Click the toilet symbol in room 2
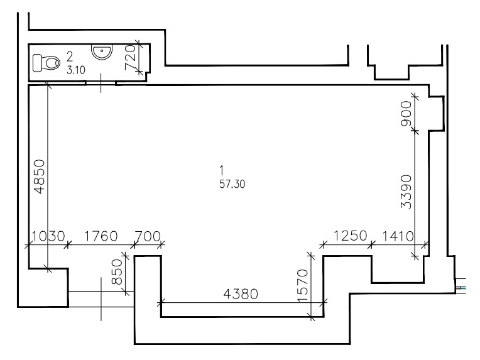pyautogui.click(x=46, y=63)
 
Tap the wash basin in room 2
pyautogui.click(x=102, y=52)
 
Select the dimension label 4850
pyautogui.click(x=40, y=177)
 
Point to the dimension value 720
pyautogui.click(x=130, y=57)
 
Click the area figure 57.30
pyautogui.click(x=232, y=184)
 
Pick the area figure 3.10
pyautogui.click(x=76, y=70)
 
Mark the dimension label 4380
pyautogui.click(x=241, y=294)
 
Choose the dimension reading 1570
pyautogui.click(x=303, y=286)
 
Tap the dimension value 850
pyautogui.click(x=117, y=272)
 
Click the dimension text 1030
pyautogui.click(x=48, y=236)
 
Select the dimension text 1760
pyautogui.click(x=101, y=236)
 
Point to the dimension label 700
pyautogui.click(x=148, y=236)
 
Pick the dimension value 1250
pyautogui.click(x=350, y=236)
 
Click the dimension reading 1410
pyautogui.click(x=398, y=236)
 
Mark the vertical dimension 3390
pyautogui.click(x=406, y=192)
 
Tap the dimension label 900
pyautogui.click(x=406, y=114)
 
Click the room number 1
pyautogui.click(x=222, y=170)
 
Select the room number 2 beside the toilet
pyautogui.click(x=70, y=57)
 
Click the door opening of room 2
pyautogui.click(x=101, y=83)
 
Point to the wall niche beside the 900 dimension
pyautogui.click(x=437, y=114)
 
